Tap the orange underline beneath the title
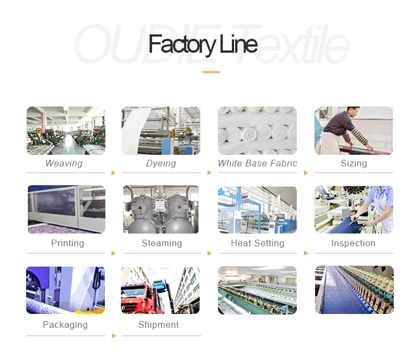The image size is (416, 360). (x=211, y=72)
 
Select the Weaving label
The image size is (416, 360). (x=64, y=164)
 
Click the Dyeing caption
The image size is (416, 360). (x=161, y=164)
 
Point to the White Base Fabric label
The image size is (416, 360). (x=257, y=164)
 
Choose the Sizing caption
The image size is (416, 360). (x=354, y=164)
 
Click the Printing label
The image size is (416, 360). (x=68, y=244)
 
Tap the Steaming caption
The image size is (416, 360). (x=161, y=244)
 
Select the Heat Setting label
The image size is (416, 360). (x=257, y=244)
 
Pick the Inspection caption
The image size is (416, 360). (x=353, y=244)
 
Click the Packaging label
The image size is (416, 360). (x=65, y=325)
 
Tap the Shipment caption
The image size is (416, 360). (x=159, y=325)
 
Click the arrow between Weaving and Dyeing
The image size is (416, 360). (x=114, y=173)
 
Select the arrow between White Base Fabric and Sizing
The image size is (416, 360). (x=306, y=173)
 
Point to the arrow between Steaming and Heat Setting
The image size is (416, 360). (x=210, y=253)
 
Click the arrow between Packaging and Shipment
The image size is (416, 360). (x=114, y=336)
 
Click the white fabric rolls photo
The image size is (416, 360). (x=257, y=130)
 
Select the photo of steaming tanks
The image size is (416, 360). (x=161, y=210)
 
